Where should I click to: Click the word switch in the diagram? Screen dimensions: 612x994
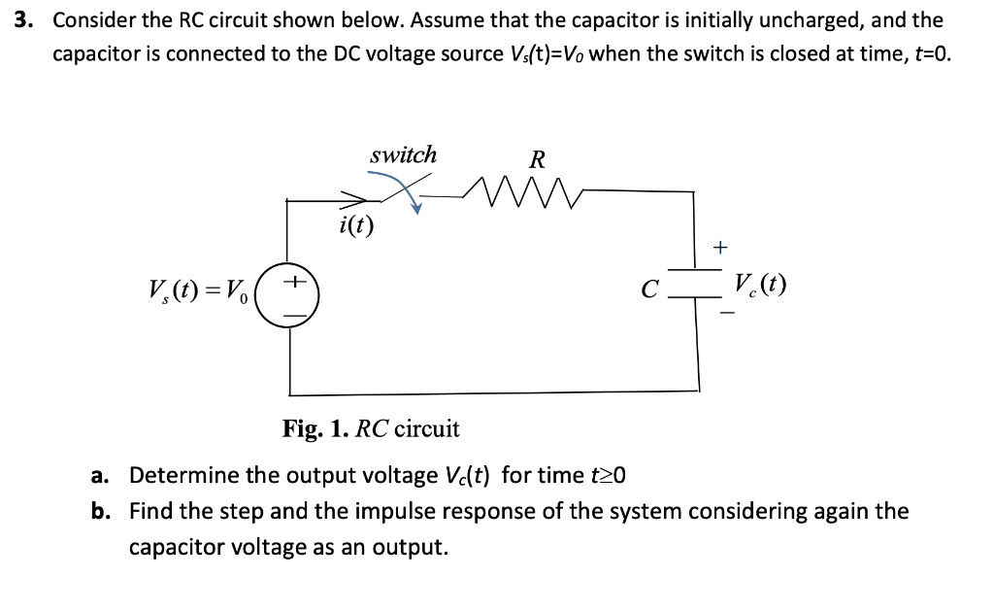[x=403, y=154]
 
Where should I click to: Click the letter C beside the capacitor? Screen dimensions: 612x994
[x=651, y=289]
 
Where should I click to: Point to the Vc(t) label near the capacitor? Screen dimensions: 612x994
[x=760, y=285]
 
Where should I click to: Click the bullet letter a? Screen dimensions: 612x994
[x=98, y=476]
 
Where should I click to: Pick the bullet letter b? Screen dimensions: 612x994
[x=98, y=511]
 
